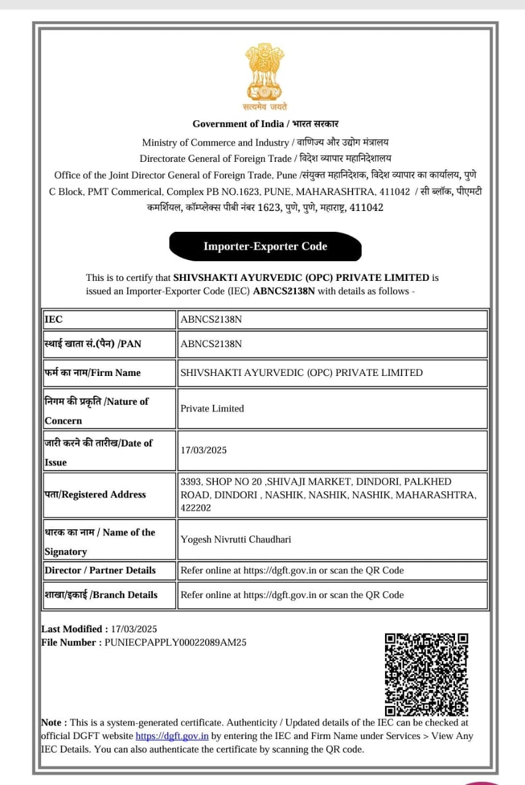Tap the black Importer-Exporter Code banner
click(x=265, y=247)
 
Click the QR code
click(x=427, y=675)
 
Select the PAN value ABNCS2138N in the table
click(x=211, y=344)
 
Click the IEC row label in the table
click(x=53, y=320)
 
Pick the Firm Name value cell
click(x=301, y=373)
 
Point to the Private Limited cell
click(x=212, y=408)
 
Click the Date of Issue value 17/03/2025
click(x=204, y=450)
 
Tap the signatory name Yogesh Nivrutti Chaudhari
click(x=236, y=540)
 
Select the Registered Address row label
click(x=95, y=495)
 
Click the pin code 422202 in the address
click(x=196, y=508)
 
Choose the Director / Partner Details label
click(x=100, y=570)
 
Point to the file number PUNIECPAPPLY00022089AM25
click(x=176, y=643)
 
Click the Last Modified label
click(x=72, y=629)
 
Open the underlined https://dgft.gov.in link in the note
click(x=172, y=736)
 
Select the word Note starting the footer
click(x=54, y=723)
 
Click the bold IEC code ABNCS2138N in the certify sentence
click(x=284, y=291)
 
